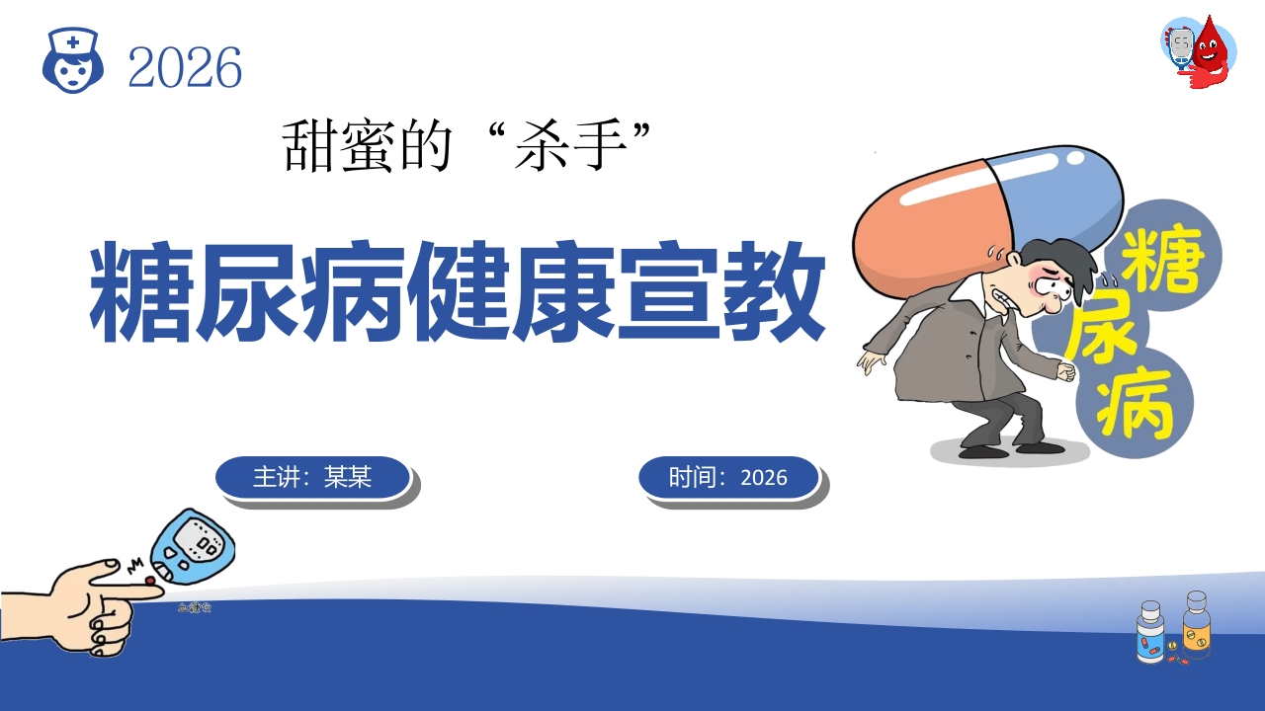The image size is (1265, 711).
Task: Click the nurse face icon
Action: (x=73, y=60)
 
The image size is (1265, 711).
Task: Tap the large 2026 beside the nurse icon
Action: (x=185, y=68)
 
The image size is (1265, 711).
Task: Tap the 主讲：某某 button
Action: (x=312, y=477)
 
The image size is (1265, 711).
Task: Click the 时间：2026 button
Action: (x=728, y=477)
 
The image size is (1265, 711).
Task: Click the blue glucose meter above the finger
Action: (x=192, y=545)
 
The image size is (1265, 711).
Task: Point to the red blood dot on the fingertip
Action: (x=150, y=581)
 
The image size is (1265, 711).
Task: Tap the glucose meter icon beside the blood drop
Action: (x=1179, y=49)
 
